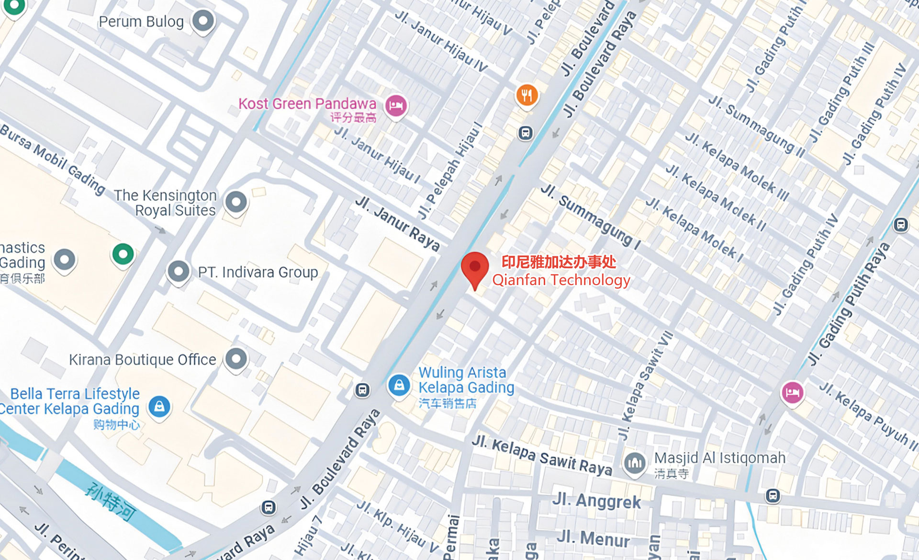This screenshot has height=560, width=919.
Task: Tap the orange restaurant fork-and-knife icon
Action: click(x=527, y=95)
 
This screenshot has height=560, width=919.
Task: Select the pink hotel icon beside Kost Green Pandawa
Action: click(x=395, y=105)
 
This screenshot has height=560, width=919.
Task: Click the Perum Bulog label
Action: click(x=141, y=22)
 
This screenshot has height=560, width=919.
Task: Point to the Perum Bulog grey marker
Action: click(x=203, y=21)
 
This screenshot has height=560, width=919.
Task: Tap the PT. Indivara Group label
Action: click(x=258, y=272)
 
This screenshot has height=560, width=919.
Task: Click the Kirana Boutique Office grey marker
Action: click(x=236, y=358)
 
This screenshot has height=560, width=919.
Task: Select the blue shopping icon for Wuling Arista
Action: click(x=399, y=385)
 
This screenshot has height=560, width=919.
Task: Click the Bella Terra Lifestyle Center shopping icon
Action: click(x=159, y=407)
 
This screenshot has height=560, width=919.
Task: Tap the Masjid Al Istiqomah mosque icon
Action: click(x=635, y=463)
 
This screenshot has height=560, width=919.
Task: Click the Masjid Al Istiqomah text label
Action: click(x=720, y=458)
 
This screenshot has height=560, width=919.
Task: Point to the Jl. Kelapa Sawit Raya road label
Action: click(x=542, y=456)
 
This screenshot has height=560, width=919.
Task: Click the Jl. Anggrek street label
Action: click(x=596, y=501)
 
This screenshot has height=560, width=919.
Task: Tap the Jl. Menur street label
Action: click(x=593, y=538)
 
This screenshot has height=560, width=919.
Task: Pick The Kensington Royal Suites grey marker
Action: click(x=236, y=202)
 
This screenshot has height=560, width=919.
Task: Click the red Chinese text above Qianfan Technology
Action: click(x=559, y=262)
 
